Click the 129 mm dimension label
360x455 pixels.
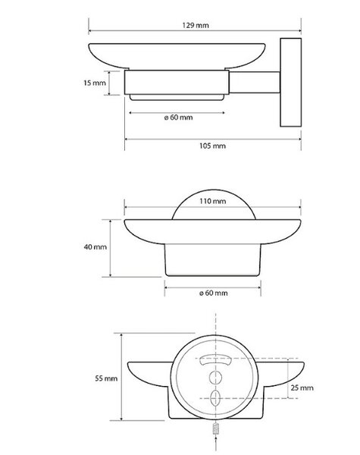(196, 25)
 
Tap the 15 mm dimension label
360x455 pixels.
(95, 83)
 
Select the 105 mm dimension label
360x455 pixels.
(213, 146)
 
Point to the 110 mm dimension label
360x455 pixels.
(213, 201)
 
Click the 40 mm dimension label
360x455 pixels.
(95, 247)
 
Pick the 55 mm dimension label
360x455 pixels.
(106, 378)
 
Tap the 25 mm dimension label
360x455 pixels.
(302, 388)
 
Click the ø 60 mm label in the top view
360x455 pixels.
(178, 118)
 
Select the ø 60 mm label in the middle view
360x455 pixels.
(214, 293)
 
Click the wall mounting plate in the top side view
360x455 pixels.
(291, 83)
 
